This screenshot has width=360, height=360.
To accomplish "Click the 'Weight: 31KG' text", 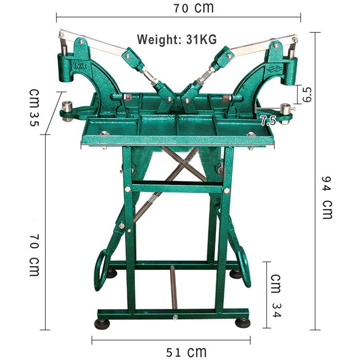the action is pos(177,40).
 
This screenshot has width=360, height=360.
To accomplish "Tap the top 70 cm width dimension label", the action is pos(193,8).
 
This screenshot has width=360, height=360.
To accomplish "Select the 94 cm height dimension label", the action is pos(327,198).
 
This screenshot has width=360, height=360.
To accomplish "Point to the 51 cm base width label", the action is pos(186,352).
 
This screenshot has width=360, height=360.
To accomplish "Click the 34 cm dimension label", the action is pos(276,296).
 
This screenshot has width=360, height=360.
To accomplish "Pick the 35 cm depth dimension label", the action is pos(34,108).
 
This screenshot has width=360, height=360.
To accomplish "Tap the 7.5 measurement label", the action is pos(268,121).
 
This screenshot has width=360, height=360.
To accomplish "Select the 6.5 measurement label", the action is pos(307,94).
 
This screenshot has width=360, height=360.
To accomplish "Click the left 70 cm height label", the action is pos(34,255).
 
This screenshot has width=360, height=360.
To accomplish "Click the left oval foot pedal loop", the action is pos(100,270).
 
